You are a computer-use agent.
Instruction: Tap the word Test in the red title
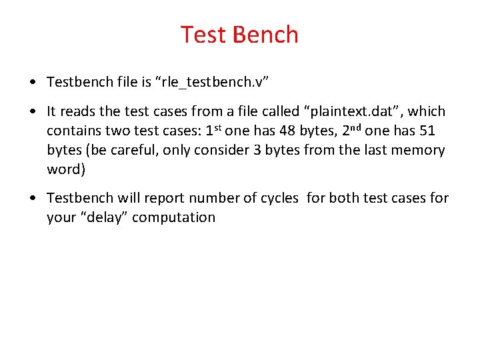click(x=203, y=35)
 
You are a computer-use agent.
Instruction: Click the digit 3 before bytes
click(x=258, y=150)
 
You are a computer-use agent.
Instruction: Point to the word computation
click(x=174, y=217)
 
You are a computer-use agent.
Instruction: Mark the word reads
click(x=78, y=111)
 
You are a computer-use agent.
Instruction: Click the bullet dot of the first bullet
click(x=33, y=83)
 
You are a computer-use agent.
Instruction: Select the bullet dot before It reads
click(x=33, y=112)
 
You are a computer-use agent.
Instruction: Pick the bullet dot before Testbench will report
click(x=33, y=199)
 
